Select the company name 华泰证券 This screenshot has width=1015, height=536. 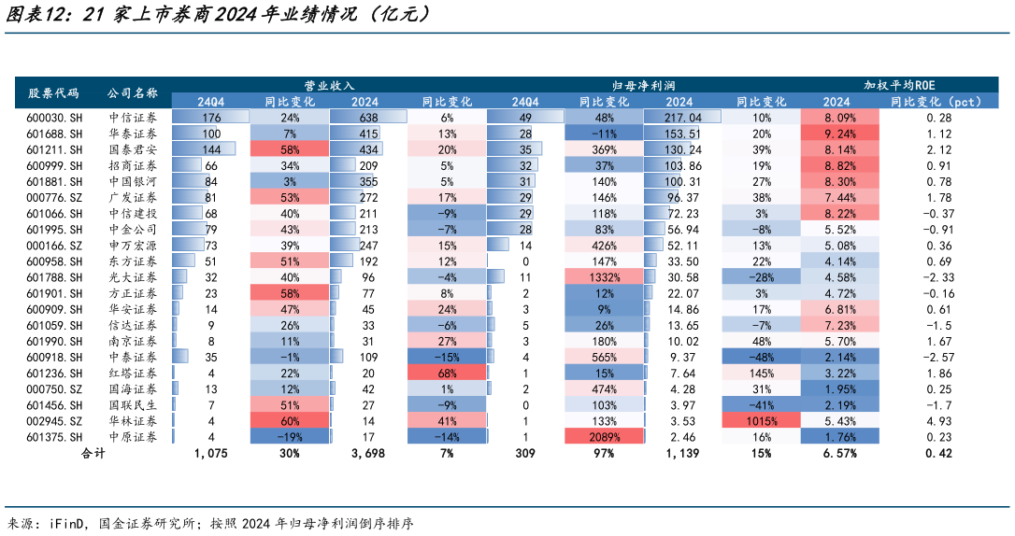[132, 134]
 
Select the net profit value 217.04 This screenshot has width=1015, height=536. [682, 118]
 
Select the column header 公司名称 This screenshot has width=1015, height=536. [132, 93]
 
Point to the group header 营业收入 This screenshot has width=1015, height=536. [322, 85]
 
